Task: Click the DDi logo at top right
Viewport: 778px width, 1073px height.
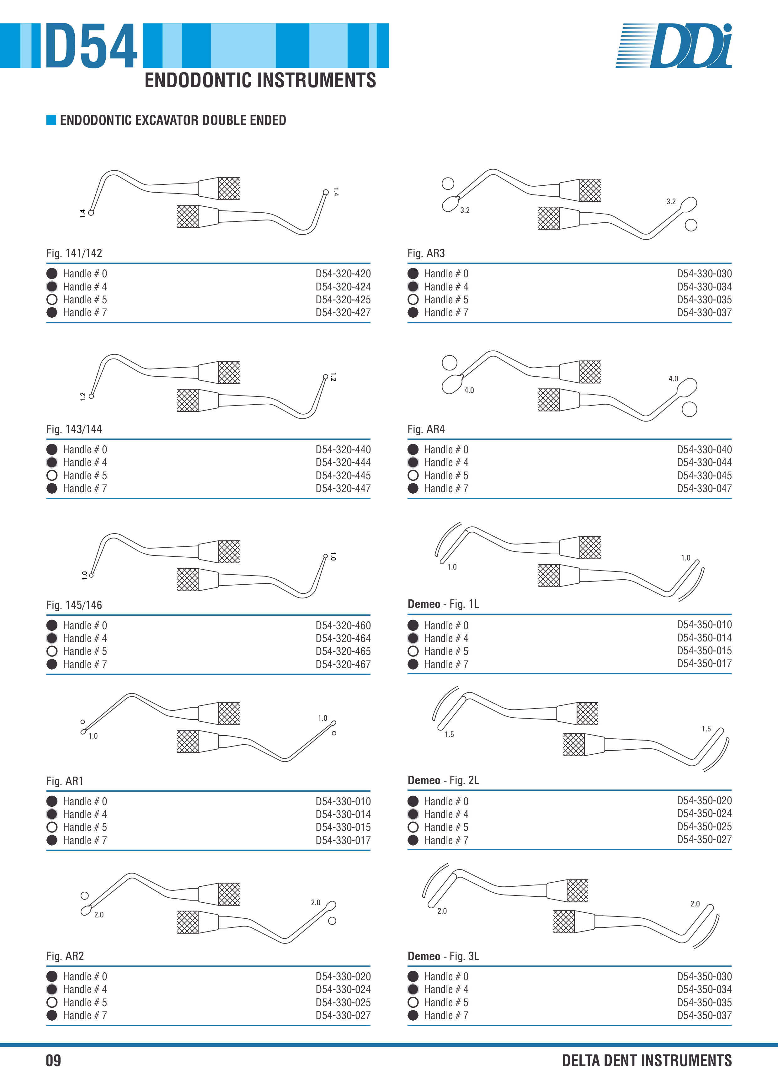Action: point(674,45)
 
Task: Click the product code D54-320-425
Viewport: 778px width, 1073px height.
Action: point(343,300)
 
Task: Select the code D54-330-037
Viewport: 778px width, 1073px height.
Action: point(704,312)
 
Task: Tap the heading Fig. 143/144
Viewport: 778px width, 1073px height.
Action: point(74,429)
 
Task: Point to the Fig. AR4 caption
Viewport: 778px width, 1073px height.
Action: point(426,429)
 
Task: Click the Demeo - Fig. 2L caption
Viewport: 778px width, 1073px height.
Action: point(443,780)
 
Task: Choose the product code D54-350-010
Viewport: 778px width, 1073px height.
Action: point(704,624)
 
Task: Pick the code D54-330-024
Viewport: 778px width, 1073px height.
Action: point(343,989)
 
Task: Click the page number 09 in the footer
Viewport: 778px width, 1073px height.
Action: point(53,1060)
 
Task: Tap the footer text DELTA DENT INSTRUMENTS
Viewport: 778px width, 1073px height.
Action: point(647,1060)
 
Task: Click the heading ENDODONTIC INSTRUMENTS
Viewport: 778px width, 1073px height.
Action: point(260,80)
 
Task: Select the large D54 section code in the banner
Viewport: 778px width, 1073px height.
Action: point(91,46)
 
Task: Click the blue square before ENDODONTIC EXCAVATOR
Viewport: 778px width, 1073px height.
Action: point(51,120)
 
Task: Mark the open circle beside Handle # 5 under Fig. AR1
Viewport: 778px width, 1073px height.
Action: point(52,827)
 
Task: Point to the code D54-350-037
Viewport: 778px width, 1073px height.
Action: point(704,1015)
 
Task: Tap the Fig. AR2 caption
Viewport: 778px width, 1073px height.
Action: point(65,956)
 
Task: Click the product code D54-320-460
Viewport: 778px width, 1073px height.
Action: point(343,625)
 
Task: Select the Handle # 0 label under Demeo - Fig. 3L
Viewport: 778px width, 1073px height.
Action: point(446,976)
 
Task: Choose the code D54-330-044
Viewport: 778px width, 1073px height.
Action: point(704,462)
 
